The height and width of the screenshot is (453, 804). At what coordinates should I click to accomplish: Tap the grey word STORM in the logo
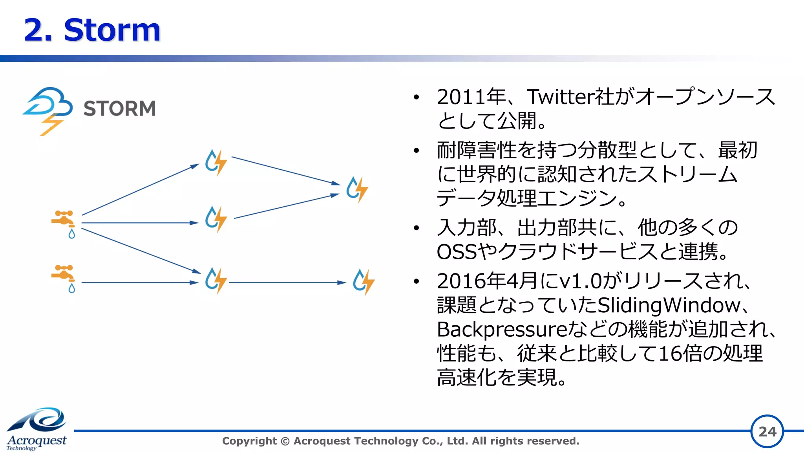(x=120, y=108)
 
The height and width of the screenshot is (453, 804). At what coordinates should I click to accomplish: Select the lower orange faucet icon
(x=64, y=277)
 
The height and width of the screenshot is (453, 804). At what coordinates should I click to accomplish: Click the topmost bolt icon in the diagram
(x=216, y=162)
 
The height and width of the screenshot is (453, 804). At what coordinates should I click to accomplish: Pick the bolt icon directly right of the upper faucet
(x=216, y=218)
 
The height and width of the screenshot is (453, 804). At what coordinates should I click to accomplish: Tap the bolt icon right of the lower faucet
(x=216, y=280)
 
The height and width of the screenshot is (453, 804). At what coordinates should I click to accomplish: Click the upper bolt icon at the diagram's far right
(x=357, y=189)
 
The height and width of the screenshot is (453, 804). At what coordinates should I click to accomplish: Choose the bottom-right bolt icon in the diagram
(x=364, y=281)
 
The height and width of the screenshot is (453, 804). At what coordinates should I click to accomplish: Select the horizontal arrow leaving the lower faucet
(x=139, y=282)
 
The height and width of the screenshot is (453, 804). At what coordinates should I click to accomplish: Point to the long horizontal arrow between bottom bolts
(x=287, y=282)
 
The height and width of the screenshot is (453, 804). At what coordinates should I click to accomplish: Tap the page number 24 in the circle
(x=767, y=431)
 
